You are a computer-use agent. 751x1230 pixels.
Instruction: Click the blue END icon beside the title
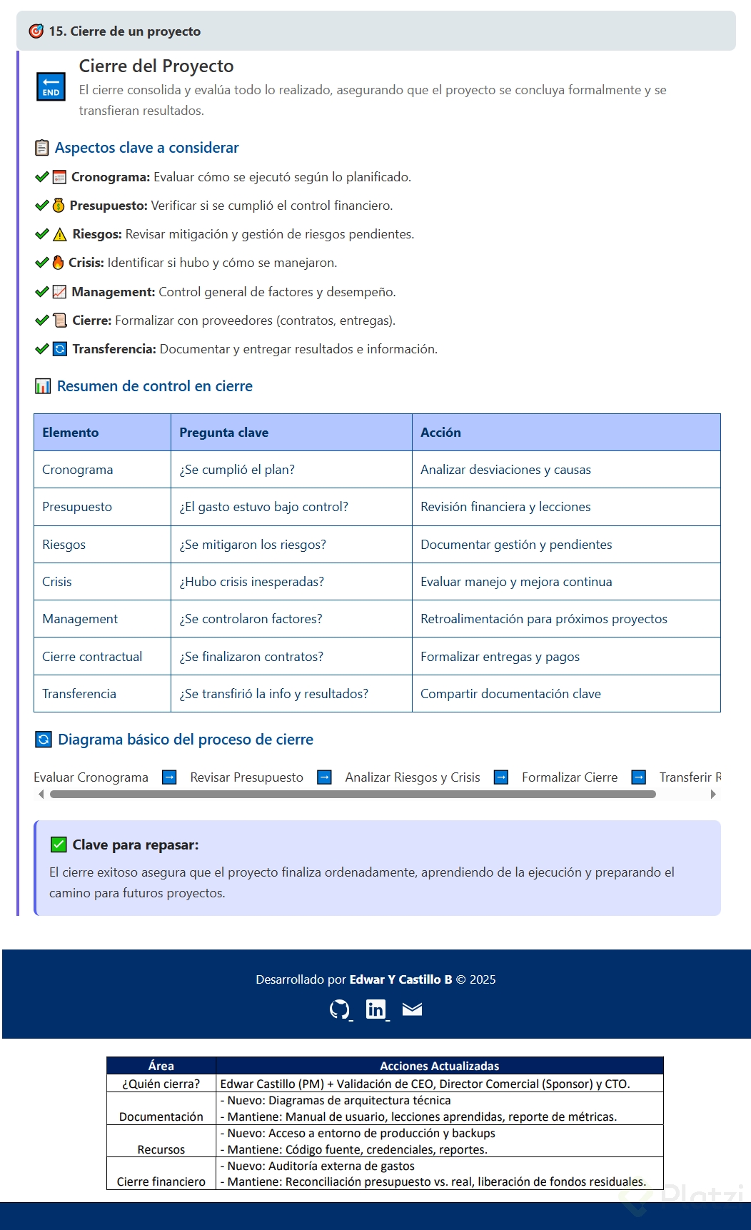point(51,87)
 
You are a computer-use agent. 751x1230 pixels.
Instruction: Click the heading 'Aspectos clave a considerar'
point(146,148)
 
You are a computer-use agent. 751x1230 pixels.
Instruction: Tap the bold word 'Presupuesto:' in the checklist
point(109,206)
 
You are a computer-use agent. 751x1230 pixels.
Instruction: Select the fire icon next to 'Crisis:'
point(59,263)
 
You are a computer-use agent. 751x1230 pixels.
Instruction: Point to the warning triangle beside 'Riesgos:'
point(60,234)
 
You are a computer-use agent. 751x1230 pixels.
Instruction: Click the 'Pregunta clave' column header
point(223,433)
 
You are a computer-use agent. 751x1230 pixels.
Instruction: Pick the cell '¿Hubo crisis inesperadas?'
point(251,582)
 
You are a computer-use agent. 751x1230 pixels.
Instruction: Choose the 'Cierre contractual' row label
point(92,657)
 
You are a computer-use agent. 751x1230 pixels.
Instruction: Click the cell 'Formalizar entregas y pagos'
point(500,657)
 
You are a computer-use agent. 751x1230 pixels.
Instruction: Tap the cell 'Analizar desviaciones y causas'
point(505,470)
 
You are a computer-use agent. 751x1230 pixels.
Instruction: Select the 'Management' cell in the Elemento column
point(80,619)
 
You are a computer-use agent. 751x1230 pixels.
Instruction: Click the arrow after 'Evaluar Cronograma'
point(169,777)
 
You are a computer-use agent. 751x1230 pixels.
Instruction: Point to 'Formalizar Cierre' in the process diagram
point(570,777)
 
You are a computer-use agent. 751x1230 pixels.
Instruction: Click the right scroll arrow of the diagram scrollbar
point(713,794)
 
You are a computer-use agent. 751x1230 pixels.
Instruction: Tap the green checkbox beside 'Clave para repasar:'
point(59,845)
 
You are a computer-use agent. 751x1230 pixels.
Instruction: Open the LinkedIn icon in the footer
point(375,1009)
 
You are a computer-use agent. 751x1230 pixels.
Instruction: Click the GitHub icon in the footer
point(339,1009)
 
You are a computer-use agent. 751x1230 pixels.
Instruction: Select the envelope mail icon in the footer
point(412,1009)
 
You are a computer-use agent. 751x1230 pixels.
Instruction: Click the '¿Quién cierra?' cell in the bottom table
point(161,1084)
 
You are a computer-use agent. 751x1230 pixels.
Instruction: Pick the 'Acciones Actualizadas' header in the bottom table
point(439,1066)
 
